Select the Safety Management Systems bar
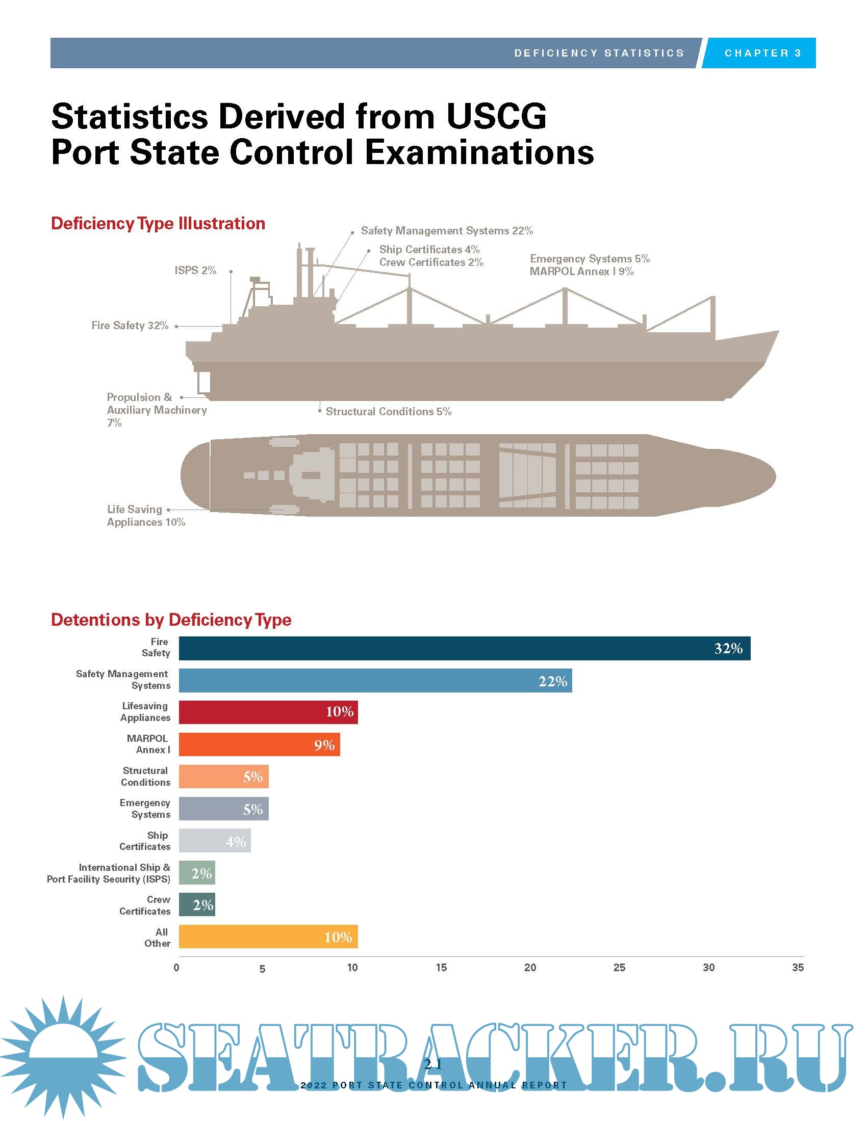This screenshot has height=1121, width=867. [375, 681]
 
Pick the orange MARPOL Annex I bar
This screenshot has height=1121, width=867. [259, 744]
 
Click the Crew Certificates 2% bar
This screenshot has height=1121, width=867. [197, 905]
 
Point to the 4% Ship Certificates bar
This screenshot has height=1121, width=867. [215, 841]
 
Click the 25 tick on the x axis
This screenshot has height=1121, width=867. [619, 968]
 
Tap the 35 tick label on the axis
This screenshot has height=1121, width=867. [797, 968]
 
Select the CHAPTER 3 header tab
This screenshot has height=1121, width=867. [762, 53]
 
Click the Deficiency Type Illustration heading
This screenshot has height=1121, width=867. [158, 224]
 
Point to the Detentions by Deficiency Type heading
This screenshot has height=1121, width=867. [171, 620]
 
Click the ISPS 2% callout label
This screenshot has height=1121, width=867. [195, 271]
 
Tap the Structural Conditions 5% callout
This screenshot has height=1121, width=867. [388, 412]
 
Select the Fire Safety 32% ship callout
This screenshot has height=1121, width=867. [130, 326]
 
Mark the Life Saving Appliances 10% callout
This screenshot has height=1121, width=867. [146, 516]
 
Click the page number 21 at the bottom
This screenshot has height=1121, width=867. [433, 1064]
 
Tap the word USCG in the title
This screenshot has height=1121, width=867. [496, 117]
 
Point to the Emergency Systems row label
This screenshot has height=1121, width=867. [145, 809]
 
